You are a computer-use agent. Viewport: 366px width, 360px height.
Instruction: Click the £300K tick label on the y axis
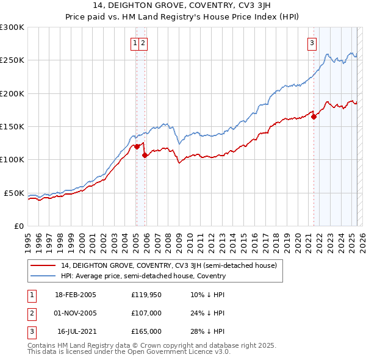[12, 27]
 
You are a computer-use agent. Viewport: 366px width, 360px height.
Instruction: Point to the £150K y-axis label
[12, 127]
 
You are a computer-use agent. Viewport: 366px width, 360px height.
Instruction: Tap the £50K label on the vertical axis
[14, 193]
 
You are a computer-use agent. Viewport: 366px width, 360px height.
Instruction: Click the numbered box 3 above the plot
[312, 43]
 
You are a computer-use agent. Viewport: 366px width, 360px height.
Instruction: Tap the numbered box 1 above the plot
[134, 43]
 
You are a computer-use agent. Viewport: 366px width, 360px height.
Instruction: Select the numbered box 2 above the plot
[142, 43]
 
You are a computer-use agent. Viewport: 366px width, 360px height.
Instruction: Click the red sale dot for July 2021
[314, 117]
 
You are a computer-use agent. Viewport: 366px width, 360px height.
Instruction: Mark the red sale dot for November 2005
[145, 155]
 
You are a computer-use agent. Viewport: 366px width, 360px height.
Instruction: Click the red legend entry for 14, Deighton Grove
[169, 265]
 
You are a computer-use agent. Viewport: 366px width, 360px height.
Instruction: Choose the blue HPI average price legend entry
[143, 276]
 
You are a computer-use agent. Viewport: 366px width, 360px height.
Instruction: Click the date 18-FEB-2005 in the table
[75, 295]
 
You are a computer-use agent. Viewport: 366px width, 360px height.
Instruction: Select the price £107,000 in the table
[146, 313]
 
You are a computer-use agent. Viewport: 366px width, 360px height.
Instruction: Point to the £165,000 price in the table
[146, 331]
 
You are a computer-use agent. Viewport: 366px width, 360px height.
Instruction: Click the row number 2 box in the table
[30, 313]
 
